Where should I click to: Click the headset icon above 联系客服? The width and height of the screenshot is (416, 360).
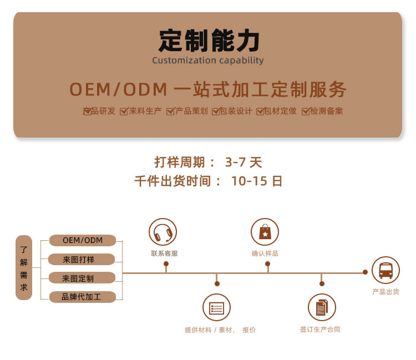163,232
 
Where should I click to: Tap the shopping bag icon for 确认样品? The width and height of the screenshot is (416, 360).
265,232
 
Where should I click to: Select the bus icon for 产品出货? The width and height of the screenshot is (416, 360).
385,270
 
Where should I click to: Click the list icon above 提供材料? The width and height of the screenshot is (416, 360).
216,308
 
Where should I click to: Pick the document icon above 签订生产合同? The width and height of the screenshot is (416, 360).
322,308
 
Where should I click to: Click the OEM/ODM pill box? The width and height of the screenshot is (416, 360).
83,240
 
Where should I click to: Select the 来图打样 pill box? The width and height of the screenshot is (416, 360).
82,260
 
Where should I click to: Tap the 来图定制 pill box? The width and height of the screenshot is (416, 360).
82,278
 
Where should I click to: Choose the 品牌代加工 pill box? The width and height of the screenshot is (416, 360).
83,297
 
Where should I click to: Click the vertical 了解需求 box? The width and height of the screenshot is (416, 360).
24,268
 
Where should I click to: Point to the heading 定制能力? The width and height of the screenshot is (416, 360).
209,40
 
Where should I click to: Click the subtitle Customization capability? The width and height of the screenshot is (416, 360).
208,60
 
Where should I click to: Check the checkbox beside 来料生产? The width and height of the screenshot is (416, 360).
124,111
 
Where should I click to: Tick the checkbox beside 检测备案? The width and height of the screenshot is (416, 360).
306,111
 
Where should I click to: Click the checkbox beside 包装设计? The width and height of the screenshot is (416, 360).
216,111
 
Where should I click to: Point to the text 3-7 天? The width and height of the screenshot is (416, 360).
243,163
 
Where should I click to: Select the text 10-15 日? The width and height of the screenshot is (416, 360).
257,181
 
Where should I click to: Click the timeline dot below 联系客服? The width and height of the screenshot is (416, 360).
166,263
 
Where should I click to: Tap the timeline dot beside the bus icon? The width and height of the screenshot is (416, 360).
366,272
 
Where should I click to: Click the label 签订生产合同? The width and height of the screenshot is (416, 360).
320,329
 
